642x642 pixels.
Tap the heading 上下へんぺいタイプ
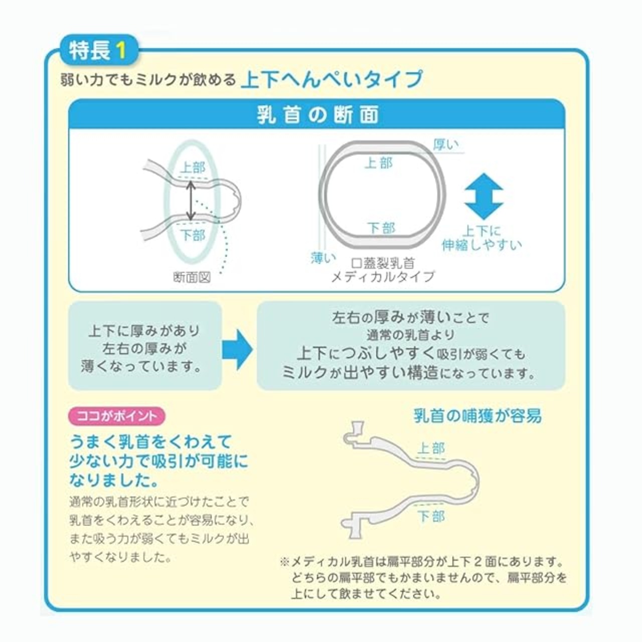click(x=332, y=80)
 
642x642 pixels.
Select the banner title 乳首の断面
click(x=318, y=115)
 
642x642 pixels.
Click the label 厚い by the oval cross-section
click(x=446, y=144)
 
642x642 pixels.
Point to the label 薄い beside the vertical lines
click(x=323, y=257)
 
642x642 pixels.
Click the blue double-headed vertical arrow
click(x=484, y=197)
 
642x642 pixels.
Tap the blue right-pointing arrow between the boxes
click(x=238, y=350)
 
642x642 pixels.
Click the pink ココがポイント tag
click(x=116, y=416)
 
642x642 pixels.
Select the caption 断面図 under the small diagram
click(x=192, y=277)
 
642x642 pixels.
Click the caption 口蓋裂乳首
click(x=383, y=263)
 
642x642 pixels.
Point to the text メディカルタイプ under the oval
click(x=383, y=276)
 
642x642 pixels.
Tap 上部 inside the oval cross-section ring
click(x=379, y=163)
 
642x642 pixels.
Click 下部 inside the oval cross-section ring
click(x=381, y=228)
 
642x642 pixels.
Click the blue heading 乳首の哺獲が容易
click(x=478, y=416)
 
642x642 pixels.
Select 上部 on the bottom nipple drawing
click(x=431, y=448)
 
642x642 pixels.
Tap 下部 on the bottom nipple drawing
click(x=431, y=517)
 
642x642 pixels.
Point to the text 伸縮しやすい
click(x=481, y=245)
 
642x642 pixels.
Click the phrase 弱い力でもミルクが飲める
click(x=148, y=80)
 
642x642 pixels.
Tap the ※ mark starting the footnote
click(x=285, y=562)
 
